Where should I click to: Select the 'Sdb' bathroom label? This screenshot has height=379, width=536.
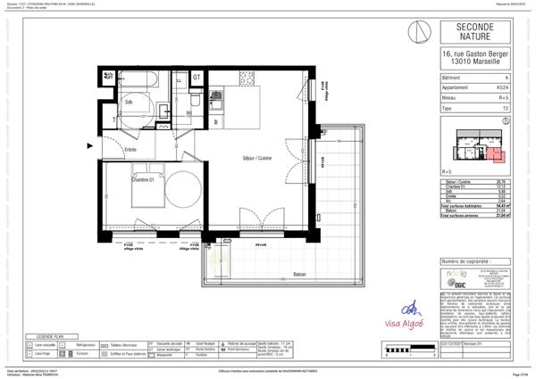(x=129, y=102)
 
